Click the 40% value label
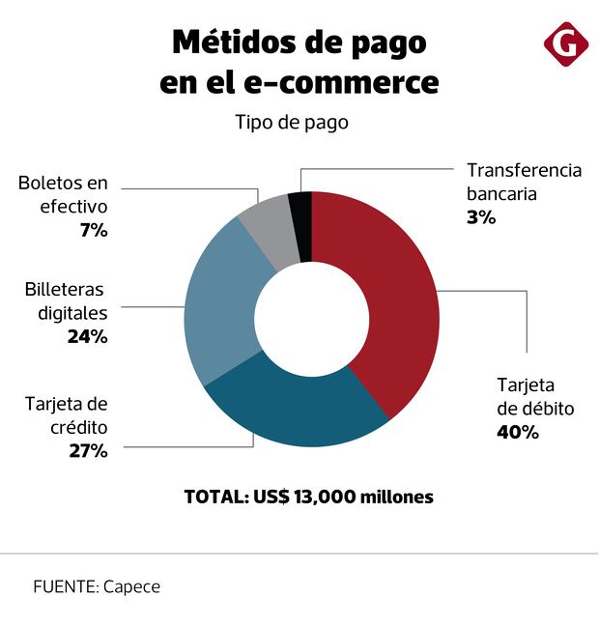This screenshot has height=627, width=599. click(517, 432)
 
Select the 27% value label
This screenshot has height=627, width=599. click(87, 450)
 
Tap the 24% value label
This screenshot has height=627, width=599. click(87, 337)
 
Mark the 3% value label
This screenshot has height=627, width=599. click(481, 217)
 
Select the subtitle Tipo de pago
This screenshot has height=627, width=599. click(291, 123)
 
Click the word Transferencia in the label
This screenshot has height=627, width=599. click(524, 170)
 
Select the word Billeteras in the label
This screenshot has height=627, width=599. click(64, 290)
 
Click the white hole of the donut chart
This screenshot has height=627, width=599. click(311, 319)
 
